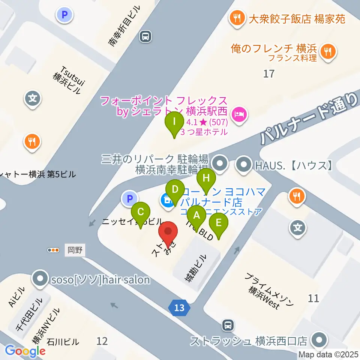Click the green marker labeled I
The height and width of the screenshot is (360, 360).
[x=174, y=122]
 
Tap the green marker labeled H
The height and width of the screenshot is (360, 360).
[x=206, y=178]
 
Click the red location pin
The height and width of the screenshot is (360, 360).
[x=168, y=231]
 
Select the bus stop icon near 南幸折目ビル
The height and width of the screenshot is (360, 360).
[x=145, y=36]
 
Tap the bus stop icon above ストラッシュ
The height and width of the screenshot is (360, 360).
[x=228, y=325]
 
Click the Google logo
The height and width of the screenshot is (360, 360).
[x=25, y=351]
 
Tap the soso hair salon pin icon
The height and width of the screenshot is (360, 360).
[x=40, y=279]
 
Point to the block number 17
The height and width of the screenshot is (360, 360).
[x=268, y=73]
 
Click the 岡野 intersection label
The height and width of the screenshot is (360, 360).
[x=75, y=249]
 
